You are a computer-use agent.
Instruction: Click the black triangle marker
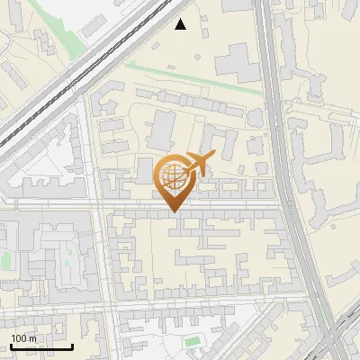(181, 24)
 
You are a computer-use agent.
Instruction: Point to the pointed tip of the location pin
(173, 211)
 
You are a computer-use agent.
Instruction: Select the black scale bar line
(41, 346)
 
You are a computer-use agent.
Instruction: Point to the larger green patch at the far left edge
(6, 261)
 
